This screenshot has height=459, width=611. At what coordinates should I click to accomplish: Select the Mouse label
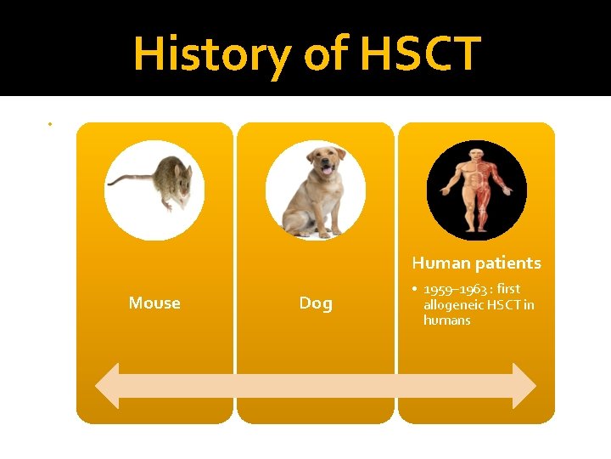154,303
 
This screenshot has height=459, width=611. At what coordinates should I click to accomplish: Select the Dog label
316,303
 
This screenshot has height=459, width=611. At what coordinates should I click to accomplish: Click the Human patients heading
476,263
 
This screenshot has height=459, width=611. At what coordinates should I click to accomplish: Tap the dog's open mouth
327,169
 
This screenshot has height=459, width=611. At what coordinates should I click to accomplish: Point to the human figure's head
477,156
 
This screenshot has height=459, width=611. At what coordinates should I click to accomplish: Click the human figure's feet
476,230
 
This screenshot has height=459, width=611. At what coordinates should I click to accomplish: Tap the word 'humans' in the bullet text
446,320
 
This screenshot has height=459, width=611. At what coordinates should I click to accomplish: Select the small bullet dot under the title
50,124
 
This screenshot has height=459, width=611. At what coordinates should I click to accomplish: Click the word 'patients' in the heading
508,263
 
